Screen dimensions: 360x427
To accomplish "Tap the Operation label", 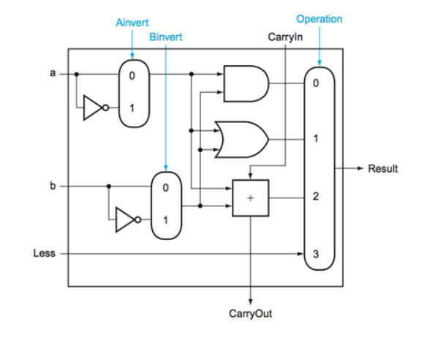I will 319,19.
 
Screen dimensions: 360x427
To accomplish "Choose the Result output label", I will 383,169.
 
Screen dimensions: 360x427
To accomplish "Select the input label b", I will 52,186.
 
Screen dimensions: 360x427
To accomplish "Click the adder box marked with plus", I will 249,198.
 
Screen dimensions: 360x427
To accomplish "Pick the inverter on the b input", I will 130,220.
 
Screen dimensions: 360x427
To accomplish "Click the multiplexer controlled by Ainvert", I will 132,91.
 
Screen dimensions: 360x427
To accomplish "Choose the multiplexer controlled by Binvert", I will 165,204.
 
